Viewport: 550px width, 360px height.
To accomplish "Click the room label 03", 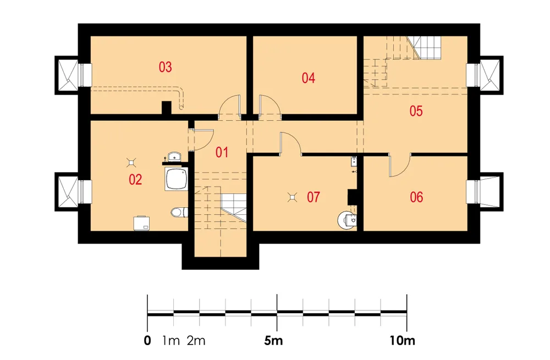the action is pos(165,67).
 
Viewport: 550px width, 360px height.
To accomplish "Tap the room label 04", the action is pos(309,78).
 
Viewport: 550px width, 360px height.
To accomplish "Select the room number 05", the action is pos(416,111).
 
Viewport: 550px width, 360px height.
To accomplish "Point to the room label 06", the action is pos(416,197).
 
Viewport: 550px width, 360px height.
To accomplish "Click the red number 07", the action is pos(313,197).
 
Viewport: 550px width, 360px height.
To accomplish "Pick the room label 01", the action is pos(222,152).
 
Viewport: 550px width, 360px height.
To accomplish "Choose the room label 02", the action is pos(135,180).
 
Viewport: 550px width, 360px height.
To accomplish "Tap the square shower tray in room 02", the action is pos(177,179).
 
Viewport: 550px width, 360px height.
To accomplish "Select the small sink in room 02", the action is pos(174,156).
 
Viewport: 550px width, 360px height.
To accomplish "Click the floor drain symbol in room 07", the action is pos(292,198).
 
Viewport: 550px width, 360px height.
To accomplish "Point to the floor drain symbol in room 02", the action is pos(131,162).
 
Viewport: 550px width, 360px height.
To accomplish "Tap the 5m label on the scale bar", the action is pos(273,340).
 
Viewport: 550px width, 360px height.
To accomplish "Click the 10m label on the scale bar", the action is pos(402,340).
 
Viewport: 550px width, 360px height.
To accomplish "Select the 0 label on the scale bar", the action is pos(147,340).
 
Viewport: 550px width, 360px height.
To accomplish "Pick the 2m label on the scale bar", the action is pos(196,340).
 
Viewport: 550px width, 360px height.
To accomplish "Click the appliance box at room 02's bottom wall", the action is pos(142,223).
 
